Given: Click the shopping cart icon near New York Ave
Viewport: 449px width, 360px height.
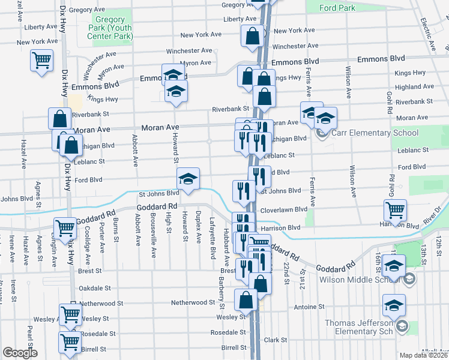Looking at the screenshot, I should (41, 60).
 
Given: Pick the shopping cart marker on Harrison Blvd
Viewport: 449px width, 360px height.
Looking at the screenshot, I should (395, 211).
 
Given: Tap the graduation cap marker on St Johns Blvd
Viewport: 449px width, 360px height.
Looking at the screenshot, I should (188, 179).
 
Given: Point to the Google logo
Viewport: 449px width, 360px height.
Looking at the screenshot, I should (19, 353).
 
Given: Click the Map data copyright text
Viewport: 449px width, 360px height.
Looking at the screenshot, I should (424, 355).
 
